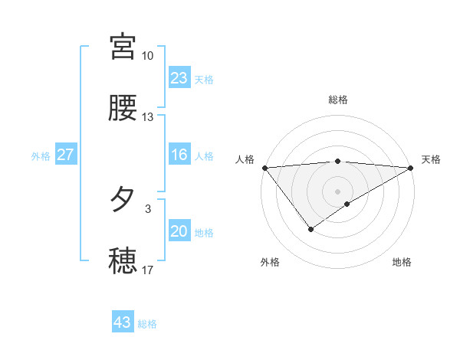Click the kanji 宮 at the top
coord(123,47)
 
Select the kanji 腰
coord(123,108)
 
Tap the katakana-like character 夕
coord(123,200)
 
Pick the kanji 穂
coord(123,261)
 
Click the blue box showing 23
coord(179,78)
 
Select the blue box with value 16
coord(179,155)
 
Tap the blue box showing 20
coord(179,232)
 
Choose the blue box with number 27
coord(66,155)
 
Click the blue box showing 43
coord(123,322)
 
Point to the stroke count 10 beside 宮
coord(147,56)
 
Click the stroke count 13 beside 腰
coord(147,117)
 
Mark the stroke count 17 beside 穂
coord(147,270)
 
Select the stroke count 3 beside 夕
coord(148,208)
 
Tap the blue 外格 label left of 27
coord(41,156)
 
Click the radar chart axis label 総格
coord(338,100)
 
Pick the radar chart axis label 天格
coord(431,159)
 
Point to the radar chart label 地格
coord(402,262)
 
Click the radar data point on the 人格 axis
coord(264,168)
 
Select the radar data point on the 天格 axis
coord(411,168)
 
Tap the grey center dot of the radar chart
coord(338,191)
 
